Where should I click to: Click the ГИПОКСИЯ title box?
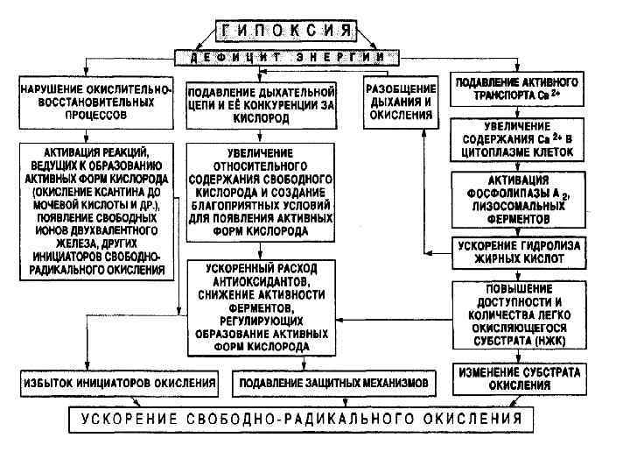(285, 32)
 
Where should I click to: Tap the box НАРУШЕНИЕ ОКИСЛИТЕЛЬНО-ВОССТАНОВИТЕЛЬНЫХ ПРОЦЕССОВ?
(95, 102)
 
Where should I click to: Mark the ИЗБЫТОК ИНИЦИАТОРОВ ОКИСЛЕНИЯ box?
(119, 384)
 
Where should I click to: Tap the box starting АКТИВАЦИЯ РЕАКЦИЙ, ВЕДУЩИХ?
(95, 211)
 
